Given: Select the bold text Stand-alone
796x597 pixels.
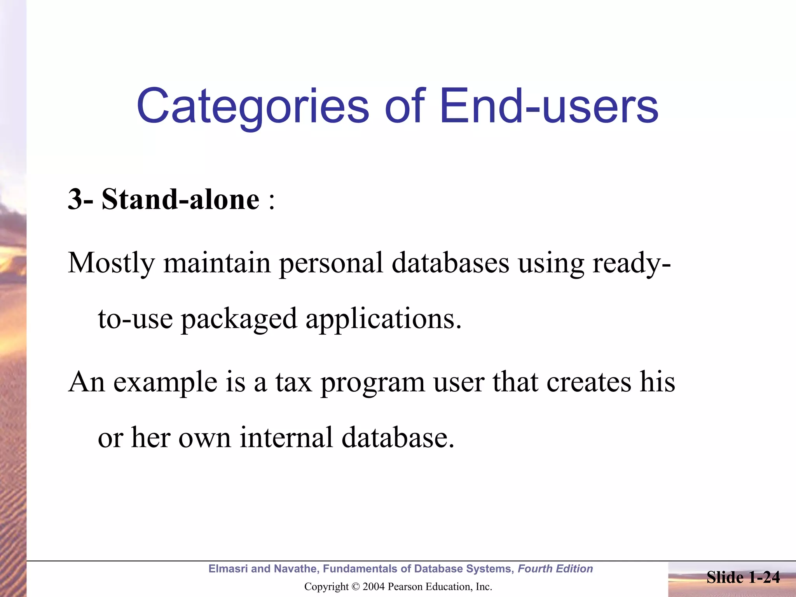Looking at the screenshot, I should pos(180,199).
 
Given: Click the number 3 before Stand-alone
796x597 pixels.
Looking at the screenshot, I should pos(75,199).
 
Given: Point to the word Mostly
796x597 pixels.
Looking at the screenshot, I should pos(111,264).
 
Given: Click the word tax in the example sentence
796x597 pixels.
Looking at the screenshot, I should pos(294,382).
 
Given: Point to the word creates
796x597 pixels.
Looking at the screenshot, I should pos(589,382).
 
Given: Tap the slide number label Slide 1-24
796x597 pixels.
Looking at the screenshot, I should pos(743,577).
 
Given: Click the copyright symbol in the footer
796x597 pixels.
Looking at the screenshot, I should pos(356,587).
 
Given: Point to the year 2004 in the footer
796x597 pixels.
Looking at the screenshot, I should pos(374,587).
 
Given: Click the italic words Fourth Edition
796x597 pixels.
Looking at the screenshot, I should pos(555,569).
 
